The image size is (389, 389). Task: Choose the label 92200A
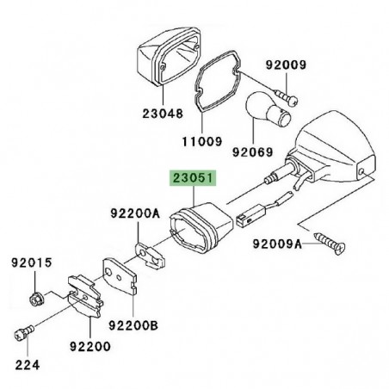pyautogui.click(x=133, y=212)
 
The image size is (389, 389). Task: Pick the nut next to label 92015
pyautogui.click(x=37, y=299)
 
